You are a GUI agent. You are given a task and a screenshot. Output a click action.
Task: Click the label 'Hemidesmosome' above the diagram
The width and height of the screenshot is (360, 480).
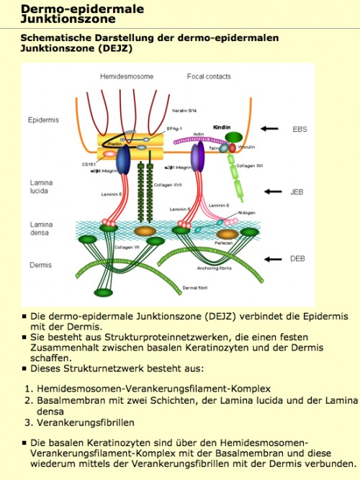[x=125, y=76]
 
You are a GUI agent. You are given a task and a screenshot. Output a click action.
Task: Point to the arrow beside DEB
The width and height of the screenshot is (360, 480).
[x=275, y=258]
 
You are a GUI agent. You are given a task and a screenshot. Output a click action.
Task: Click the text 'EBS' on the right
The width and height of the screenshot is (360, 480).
[x=300, y=129]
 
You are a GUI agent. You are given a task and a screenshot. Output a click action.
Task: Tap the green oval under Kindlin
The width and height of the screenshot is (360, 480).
[x=234, y=137]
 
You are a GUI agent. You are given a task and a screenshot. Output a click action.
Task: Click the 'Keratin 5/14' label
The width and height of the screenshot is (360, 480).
[x=185, y=110]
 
